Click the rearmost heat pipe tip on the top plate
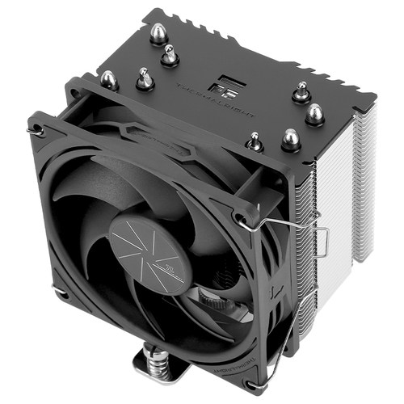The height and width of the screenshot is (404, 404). pyautogui.click(x=158, y=32)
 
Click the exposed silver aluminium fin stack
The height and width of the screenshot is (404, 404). pyautogui.click(x=339, y=202)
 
